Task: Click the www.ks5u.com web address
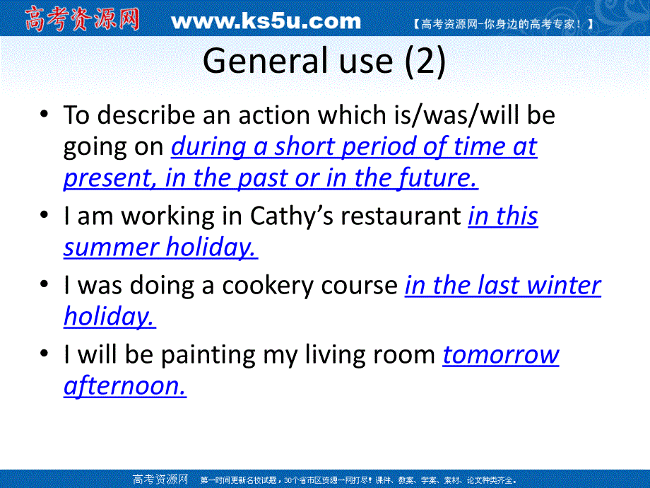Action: [x=266, y=21]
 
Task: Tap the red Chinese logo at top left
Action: [x=82, y=19]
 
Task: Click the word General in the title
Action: [x=258, y=62]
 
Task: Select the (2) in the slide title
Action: [x=425, y=62]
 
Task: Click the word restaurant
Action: [x=398, y=216]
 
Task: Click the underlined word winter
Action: [x=565, y=286]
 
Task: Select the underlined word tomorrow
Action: [x=501, y=355]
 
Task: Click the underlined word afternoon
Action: [x=125, y=386]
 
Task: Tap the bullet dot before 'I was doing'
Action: [x=46, y=286]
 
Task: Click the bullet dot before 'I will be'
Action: [x=46, y=355]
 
